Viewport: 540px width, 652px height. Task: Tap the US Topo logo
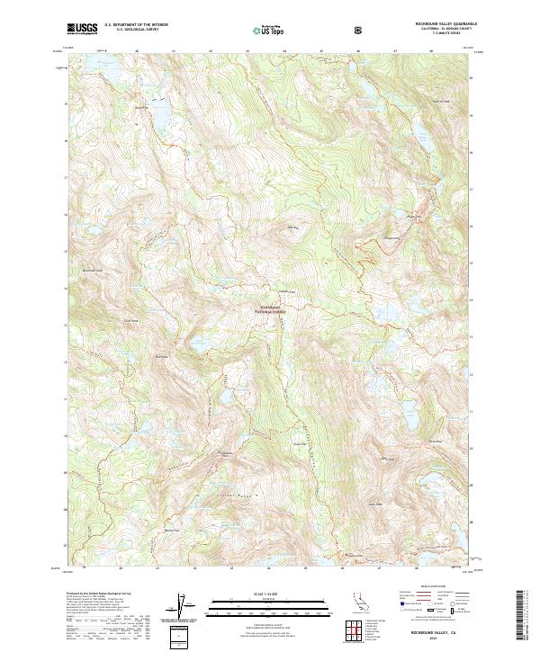(x=271, y=30)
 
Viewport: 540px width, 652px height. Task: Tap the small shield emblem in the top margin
(x=361, y=30)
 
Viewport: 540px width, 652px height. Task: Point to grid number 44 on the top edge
(x=284, y=51)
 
